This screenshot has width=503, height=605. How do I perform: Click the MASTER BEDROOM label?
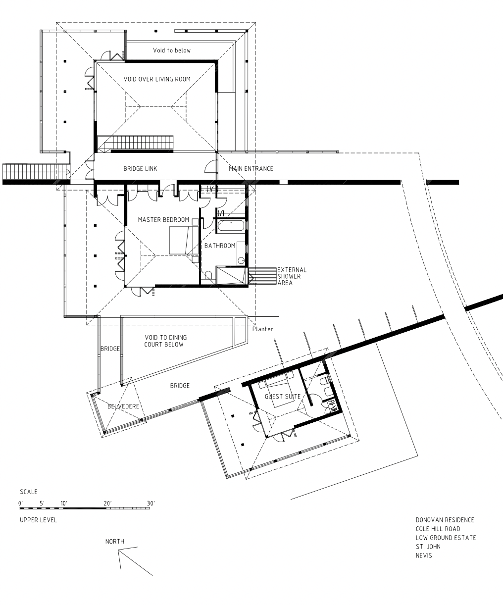(163, 220)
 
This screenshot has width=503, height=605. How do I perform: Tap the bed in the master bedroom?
(184, 241)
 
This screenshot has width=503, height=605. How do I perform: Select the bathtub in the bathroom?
(231, 226)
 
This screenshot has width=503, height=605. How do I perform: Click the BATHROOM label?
(220, 246)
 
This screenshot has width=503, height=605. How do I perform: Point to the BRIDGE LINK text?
(140, 169)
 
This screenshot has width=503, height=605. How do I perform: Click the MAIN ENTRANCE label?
(251, 169)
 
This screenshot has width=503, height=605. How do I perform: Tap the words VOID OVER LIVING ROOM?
(157, 79)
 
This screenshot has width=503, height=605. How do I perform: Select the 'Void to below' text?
(172, 50)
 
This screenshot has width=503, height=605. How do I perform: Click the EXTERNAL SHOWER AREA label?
(292, 276)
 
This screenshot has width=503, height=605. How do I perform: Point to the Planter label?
(262, 329)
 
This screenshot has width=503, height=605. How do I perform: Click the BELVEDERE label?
(123, 406)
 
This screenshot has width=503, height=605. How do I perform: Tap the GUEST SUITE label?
(283, 397)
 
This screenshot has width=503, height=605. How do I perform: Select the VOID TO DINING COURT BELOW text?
(165, 341)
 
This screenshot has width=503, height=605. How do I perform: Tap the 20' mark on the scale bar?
(107, 504)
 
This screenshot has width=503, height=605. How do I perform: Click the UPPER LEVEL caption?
(38, 520)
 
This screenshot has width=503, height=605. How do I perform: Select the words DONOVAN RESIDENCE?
(445, 520)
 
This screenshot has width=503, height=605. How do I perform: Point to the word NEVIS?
(424, 555)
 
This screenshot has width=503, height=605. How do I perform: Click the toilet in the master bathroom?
(208, 275)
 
